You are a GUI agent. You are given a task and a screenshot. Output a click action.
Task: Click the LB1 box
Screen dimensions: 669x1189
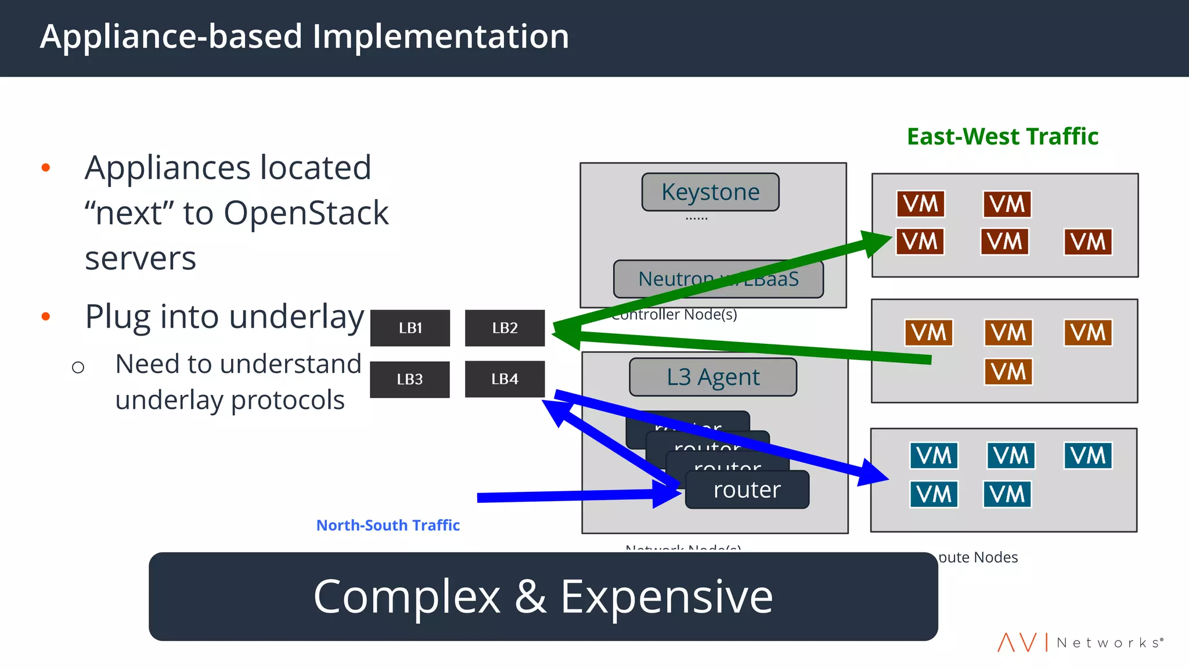pyautogui.click(x=410, y=328)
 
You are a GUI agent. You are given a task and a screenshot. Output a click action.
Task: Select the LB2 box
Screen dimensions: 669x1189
pyautogui.click(x=505, y=328)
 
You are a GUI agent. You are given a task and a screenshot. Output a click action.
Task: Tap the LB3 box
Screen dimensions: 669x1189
pyautogui.click(x=410, y=379)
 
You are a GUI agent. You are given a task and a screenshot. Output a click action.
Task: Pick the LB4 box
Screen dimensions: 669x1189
pyautogui.click(x=505, y=379)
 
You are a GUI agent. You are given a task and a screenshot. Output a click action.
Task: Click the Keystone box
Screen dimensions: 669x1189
pyautogui.click(x=710, y=192)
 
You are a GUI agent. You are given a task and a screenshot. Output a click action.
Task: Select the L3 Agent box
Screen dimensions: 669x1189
pyautogui.click(x=712, y=377)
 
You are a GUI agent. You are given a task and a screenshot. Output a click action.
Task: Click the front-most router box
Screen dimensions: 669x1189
pyautogui.click(x=747, y=490)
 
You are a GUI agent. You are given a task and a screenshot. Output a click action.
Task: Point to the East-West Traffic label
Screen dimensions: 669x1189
pyautogui.click(x=1002, y=137)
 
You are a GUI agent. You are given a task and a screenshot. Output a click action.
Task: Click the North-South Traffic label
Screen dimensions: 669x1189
pyautogui.click(x=388, y=526)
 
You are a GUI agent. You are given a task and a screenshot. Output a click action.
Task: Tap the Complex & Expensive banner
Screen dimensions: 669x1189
pyautogui.click(x=543, y=596)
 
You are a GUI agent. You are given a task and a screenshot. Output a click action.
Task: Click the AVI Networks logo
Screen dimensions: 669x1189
pyautogui.click(x=1080, y=642)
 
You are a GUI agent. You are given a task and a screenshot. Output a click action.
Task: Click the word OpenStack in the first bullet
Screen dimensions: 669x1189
pyautogui.click(x=305, y=213)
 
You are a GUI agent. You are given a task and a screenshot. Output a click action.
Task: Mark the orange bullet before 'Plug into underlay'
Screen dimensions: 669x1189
pyautogui.click(x=46, y=316)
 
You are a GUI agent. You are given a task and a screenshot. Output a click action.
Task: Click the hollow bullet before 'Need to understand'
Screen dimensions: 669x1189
pyautogui.click(x=78, y=367)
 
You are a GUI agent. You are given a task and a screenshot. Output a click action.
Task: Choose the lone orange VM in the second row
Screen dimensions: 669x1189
pyautogui.click(x=1008, y=372)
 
